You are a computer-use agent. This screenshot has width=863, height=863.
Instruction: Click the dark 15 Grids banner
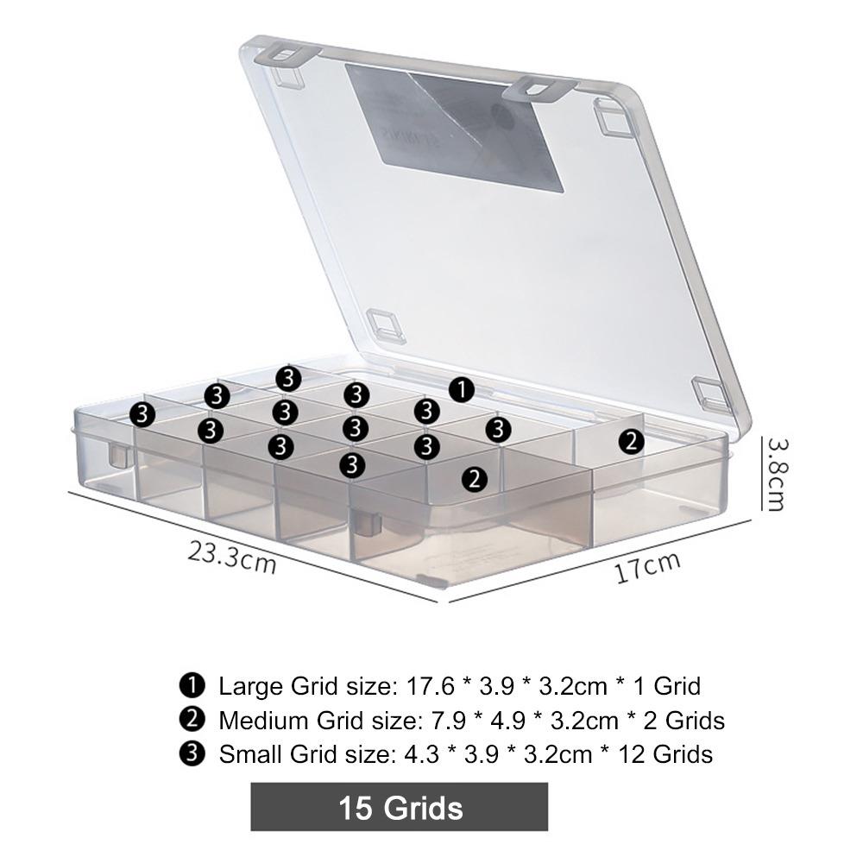400,808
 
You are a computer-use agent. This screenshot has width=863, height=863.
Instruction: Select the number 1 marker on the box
463,389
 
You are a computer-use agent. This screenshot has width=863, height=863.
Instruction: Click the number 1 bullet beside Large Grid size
192,686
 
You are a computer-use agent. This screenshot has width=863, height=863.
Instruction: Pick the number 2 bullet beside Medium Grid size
192,720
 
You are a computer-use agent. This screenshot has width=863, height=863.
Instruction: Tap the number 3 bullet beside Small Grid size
192,753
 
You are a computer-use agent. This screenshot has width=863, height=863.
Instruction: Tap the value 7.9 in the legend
440,720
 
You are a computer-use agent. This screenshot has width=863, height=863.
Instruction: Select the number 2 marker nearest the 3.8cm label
633,442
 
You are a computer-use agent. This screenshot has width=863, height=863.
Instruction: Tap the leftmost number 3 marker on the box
142,414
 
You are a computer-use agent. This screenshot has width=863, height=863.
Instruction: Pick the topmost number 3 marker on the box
287,378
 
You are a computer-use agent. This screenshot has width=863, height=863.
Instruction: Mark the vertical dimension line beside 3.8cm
760,473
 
